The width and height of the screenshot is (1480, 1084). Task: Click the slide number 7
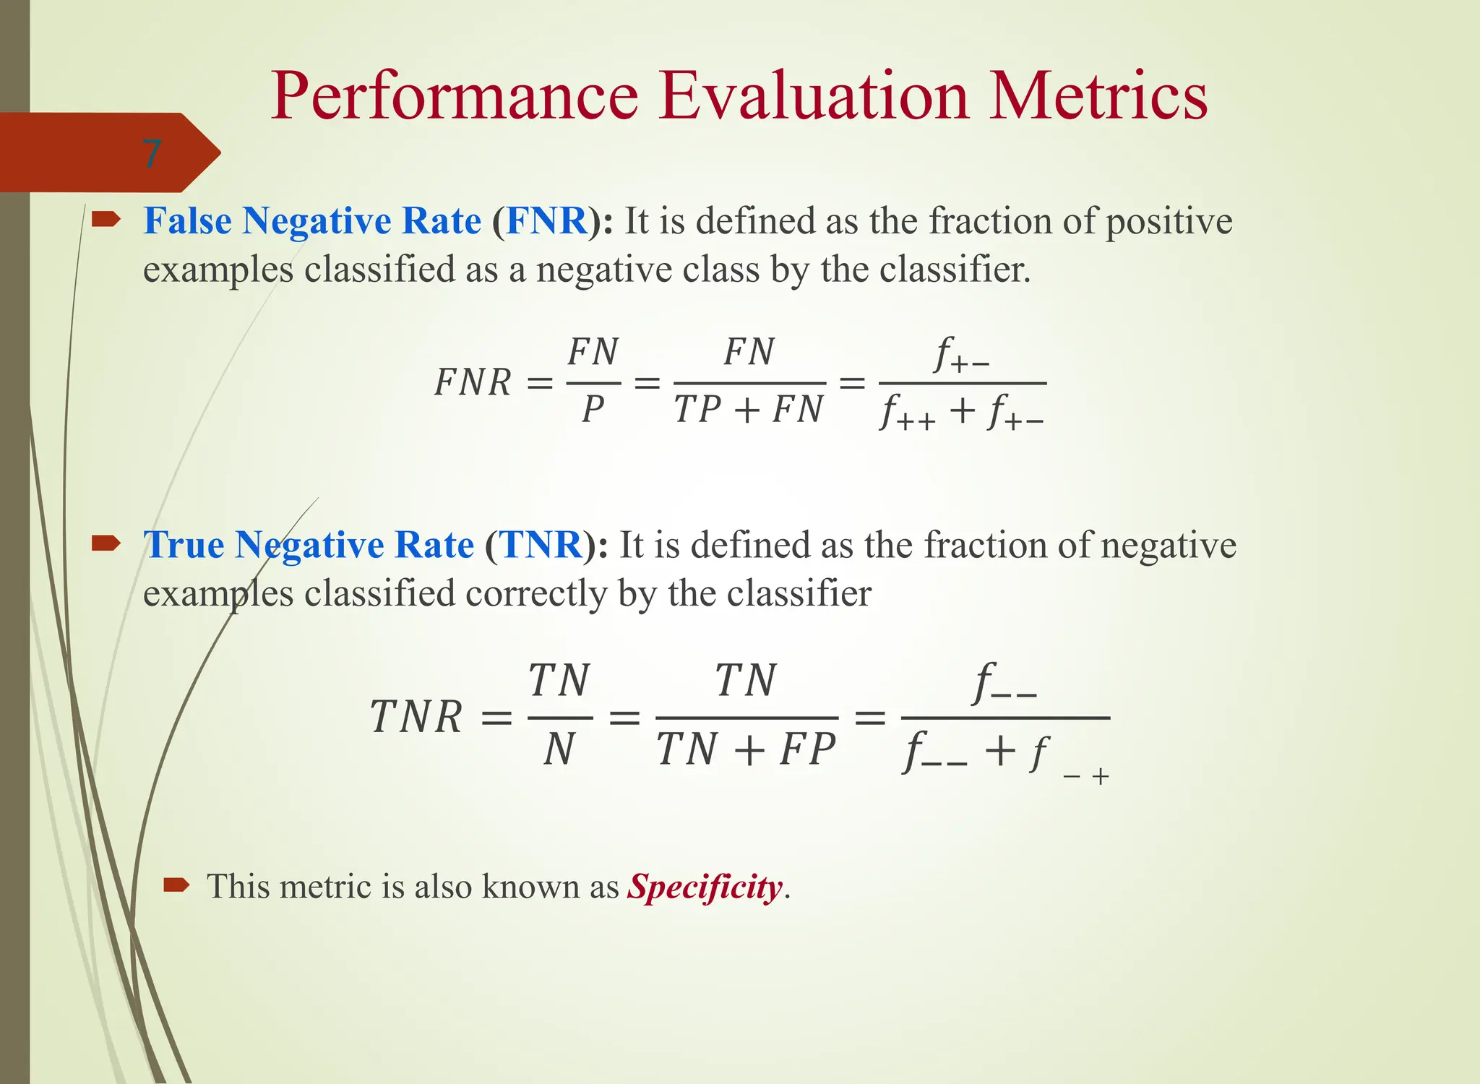pyautogui.click(x=151, y=153)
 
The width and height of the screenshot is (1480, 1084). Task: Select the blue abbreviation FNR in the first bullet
pyautogui.click(x=546, y=220)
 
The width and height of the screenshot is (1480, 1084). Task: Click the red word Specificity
pyautogui.click(x=705, y=887)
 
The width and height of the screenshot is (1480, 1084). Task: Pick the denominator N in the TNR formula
pyautogui.click(x=559, y=749)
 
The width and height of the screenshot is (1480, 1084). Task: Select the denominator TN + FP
pyautogui.click(x=747, y=749)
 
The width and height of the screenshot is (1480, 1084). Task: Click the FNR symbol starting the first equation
pyautogui.click(x=473, y=383)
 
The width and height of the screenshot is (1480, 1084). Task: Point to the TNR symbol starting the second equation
pyautogui.click(x=416, y=718)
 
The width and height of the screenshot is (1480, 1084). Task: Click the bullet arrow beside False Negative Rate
pyautogui.click(x=106, y=218)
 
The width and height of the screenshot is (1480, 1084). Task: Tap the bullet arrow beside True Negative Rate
pyautogui.click(x=106, y=543)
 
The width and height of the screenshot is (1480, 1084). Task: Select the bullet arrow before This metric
pyautogui.click(x=176, y=885)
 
